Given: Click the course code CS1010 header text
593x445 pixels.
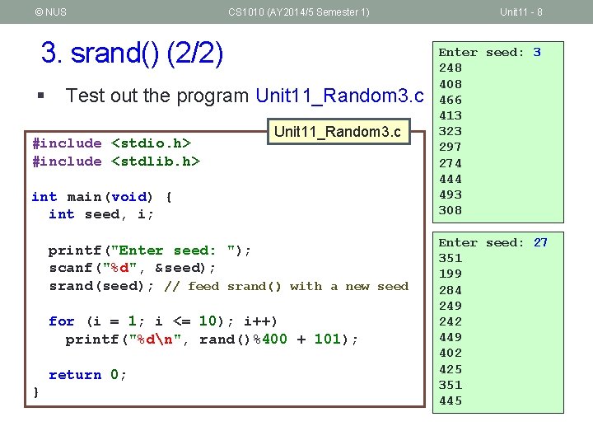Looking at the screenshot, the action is point(299,12).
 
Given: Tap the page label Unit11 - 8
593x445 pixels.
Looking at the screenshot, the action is point(521,12).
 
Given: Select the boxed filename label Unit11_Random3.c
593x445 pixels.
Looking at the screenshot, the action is point(337,132).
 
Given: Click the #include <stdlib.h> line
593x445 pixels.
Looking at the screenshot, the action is point(115,162).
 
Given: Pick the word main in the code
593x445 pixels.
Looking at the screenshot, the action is point(84,197).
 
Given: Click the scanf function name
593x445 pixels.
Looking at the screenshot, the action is point(69,268).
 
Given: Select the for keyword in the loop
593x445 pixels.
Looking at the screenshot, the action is point(61,321).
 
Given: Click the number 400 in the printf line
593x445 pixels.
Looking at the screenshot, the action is point(275,340).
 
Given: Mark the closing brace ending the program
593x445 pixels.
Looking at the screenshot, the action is point(35,393).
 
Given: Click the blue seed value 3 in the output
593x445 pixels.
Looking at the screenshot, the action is point(537,52).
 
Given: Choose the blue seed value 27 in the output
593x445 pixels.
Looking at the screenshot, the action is point(540,242).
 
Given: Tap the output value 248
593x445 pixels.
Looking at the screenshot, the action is point(451,68).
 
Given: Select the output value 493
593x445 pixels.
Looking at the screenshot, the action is point(451,194).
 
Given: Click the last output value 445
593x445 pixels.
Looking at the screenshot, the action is point(451,400).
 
